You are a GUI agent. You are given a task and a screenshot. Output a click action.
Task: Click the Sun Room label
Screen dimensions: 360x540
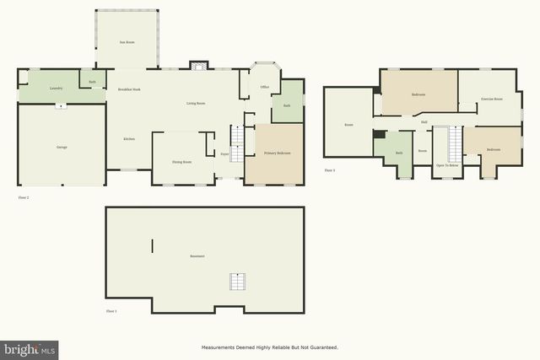(127, 41)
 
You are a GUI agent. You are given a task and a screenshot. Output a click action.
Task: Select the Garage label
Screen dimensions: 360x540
(62, 148)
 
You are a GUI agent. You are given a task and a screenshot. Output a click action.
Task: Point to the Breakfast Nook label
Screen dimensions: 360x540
(129, 89)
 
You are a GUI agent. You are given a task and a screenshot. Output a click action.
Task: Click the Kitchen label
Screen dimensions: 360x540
(129, 138)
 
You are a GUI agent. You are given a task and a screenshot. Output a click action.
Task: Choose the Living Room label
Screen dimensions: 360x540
(196, 103)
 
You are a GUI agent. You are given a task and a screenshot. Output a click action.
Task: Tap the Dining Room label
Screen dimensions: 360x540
(181, 161)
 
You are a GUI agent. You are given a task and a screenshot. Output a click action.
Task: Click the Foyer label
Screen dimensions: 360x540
(225, 154)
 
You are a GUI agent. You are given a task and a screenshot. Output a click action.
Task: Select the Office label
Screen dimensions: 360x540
(264, 87)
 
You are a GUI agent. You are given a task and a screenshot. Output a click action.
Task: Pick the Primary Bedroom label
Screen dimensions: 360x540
(277, 153)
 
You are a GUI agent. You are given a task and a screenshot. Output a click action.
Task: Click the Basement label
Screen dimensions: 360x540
(197, 255)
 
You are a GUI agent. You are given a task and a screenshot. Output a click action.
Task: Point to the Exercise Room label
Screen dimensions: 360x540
(492, 99)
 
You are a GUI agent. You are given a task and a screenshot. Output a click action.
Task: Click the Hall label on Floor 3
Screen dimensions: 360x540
(424, 122)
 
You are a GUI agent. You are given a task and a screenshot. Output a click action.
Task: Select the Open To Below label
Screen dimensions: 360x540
(447, 165)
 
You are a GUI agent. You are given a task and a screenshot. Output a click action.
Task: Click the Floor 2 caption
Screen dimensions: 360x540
(24, 197)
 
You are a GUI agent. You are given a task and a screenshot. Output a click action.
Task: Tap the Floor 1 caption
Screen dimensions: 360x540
(111, 311)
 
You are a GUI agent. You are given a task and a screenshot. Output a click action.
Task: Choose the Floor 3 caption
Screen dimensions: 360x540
(330, 170)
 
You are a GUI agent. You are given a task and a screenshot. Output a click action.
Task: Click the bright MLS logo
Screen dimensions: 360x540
(30, 347)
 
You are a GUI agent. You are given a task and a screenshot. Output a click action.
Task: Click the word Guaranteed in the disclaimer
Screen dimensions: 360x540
(321, 347)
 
